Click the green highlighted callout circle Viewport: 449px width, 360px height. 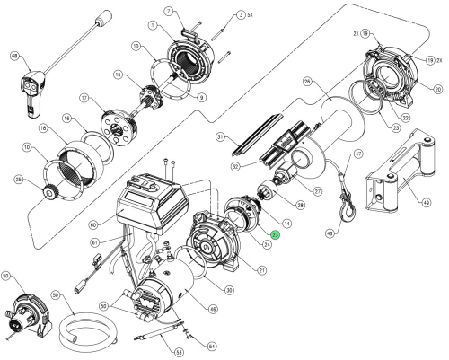276,235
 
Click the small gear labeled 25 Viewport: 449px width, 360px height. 47,194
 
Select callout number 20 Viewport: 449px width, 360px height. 438,89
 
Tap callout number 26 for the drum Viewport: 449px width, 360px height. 307,83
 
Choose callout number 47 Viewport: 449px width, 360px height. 357,154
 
